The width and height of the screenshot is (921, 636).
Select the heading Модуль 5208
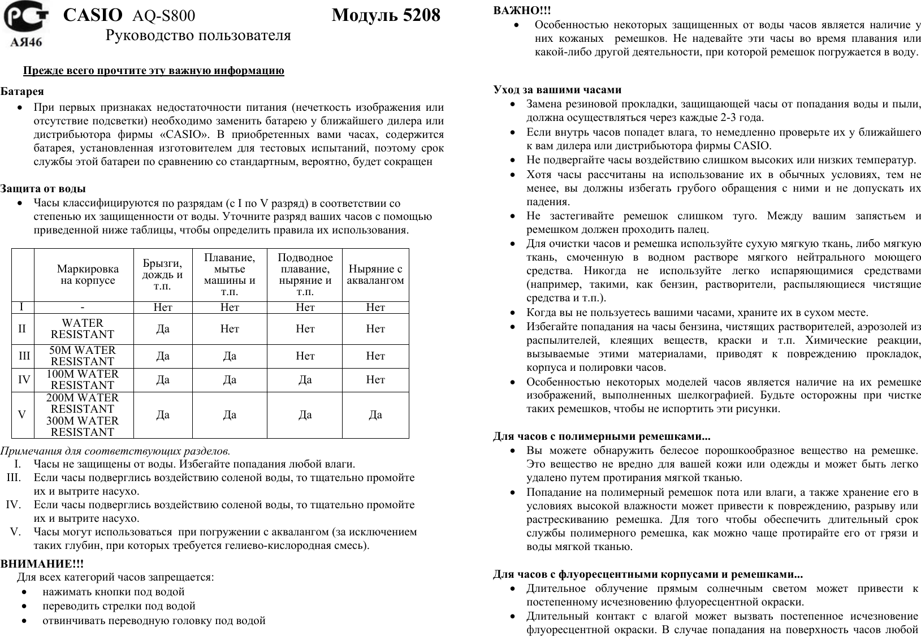tap(386, 15)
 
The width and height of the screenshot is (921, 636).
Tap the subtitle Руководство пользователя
tap(198, 36)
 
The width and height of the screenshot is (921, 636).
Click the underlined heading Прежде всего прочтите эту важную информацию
tap(153, 71)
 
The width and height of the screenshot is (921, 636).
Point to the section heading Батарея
tap(22, 91)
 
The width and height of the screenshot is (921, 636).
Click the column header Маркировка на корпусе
tap(88, 274)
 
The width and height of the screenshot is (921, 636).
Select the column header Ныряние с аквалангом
tap(375, 274)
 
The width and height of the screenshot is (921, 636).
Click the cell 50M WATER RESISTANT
tap(83, 356)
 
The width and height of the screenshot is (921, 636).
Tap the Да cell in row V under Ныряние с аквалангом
tap(375, 414)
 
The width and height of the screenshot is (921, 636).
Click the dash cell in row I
tap(83, 308)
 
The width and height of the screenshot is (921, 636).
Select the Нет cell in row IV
tap(375, 380)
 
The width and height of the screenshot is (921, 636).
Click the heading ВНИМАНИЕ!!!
tap(42, 564)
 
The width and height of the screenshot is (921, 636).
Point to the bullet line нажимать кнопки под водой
tap(114, 592)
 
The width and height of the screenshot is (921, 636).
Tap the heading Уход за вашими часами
tap(557, 89)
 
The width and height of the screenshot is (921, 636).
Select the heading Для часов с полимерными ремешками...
tap(602, 436)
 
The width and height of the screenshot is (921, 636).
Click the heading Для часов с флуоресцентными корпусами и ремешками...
tap(647, 575)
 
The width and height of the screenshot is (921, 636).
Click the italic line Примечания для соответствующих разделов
tap(115, 451)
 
